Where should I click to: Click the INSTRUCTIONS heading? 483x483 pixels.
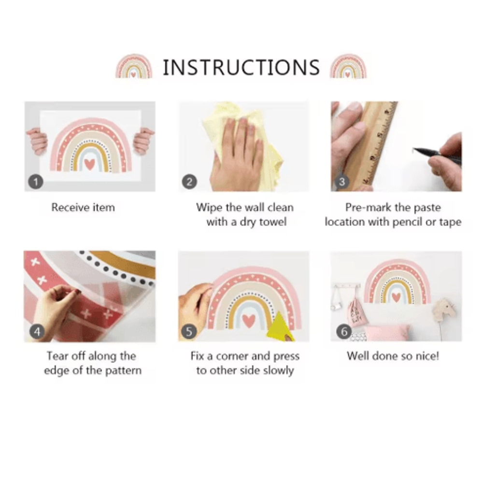[x=241, y=68]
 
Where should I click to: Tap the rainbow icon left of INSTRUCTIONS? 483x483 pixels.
[x=134, y=67]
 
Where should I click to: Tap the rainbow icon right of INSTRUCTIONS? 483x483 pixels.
[x=348, y=67]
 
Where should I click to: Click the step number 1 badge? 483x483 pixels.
[x=36, y=182]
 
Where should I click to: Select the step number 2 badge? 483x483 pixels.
[x=189, y=182]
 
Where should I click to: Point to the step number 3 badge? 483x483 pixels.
[x=342, y=182]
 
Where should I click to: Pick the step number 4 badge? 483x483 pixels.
[x=37, y=332]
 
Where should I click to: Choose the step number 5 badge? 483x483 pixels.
[x=189, y=332]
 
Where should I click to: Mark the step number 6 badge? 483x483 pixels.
[x=344, y=332]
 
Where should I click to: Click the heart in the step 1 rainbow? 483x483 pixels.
[x=90, y=164]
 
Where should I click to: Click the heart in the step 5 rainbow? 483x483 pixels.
[x=249, y=321]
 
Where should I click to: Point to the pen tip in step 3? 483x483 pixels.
[x=413, y=149]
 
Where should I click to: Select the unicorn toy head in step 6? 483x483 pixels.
[x=444, y=310]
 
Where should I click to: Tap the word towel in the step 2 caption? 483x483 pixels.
[x=272, y=222]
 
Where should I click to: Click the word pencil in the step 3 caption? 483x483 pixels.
[x=403, y=222]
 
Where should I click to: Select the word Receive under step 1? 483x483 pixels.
[x=70, y=207]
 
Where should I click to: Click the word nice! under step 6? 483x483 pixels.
[x=427, y=356]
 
